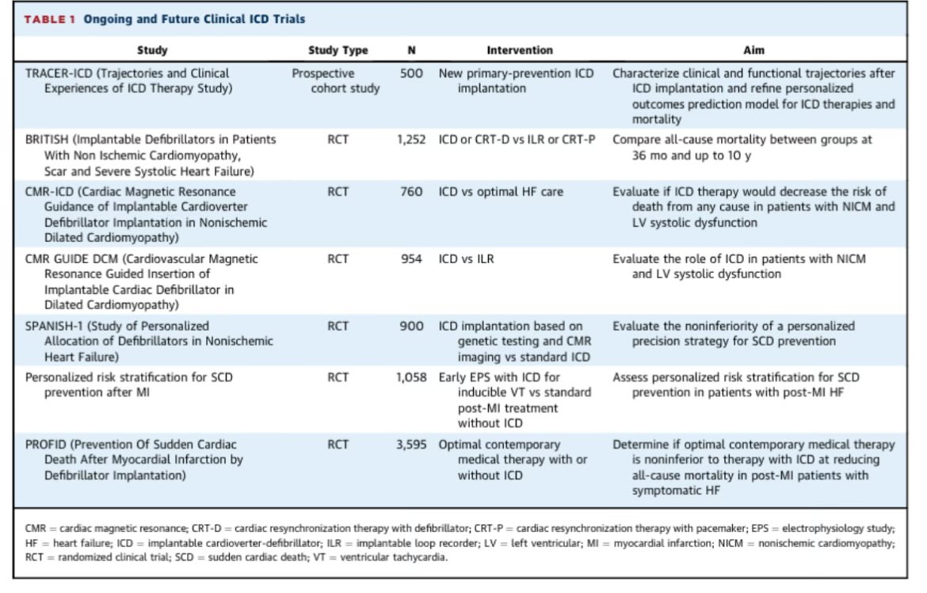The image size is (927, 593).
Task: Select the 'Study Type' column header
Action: pos(338,50)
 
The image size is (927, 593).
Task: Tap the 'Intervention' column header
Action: pos(519,50)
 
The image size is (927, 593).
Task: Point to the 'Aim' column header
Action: pos(753,50)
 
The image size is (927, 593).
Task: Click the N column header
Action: pos(410,50)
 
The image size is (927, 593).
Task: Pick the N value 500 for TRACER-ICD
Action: pos(411,74)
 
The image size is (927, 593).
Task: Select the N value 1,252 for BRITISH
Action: pos(410,140)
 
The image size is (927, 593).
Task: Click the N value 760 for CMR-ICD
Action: pos(411,192)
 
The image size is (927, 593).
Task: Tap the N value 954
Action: pos(411,259)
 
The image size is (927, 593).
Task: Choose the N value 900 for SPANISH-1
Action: pos(411,326)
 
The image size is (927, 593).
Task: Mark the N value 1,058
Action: pos(410,377)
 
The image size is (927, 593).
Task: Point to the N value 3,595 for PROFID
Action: pos(410,445)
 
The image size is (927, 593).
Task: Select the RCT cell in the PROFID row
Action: pos(338,445)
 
